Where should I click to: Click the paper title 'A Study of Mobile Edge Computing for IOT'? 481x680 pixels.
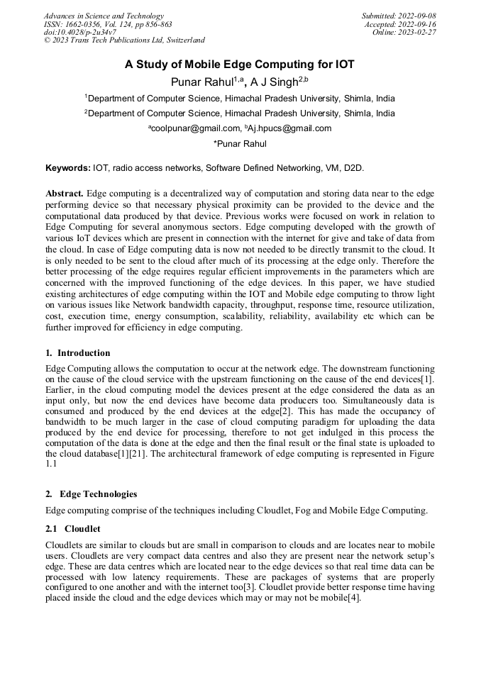240,65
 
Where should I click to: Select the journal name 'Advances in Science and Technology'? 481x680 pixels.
104,16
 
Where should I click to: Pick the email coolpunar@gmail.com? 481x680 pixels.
195,128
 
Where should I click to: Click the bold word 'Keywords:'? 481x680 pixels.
68,168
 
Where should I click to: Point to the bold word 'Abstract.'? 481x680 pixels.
65,194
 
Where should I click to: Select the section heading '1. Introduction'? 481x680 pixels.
78,352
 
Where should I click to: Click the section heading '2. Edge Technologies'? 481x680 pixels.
92,494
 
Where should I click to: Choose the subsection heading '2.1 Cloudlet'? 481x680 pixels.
73,528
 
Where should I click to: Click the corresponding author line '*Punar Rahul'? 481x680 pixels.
240,144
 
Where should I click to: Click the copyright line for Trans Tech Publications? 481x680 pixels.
124,40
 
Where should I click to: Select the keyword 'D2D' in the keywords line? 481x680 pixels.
352,168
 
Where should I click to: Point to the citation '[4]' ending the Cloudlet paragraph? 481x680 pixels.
354,598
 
